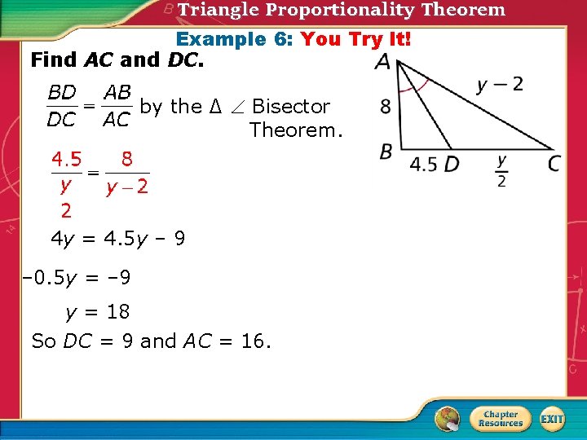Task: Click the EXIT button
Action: (552, 419)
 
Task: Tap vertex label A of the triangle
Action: (382, 63)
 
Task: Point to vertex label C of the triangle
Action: (554, 164)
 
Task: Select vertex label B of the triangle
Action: (386, 152)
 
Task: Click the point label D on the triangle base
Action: (451, 164)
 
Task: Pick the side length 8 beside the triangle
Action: (386, 107)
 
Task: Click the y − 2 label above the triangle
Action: (500, 84)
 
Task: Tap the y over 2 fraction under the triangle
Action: (501, 171)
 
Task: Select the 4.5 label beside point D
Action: (423, 164)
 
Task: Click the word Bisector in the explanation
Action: (291, 107)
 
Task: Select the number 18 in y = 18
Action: (117, 311)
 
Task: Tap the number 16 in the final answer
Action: (253, 341)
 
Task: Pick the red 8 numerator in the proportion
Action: (127, 158)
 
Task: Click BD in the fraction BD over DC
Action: (63, 93)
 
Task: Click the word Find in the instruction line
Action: (53, 59)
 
